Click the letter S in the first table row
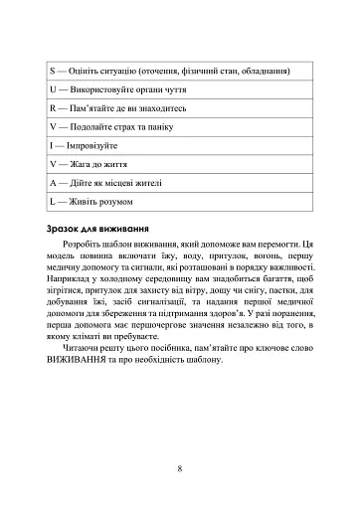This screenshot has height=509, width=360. point(52,72)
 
